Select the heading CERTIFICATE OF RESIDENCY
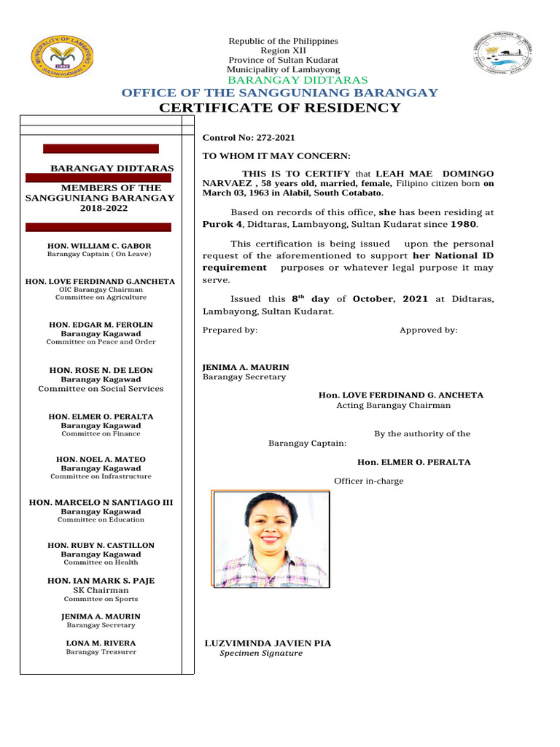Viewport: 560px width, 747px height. click(280, 109)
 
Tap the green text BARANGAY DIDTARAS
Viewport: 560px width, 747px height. click(297, 80)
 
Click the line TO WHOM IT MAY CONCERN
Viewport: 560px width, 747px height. click(276, 156)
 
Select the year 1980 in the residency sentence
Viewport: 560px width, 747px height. click(462, 225)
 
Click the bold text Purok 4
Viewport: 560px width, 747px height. click(222, 225)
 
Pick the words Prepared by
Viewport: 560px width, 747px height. click(230, 330)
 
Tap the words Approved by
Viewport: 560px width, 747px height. click(428, 330)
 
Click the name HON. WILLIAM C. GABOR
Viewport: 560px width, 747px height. click(101, 246)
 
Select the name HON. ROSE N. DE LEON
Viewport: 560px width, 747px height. click(101, 371)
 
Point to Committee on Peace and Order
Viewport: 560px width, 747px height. click(101, 341)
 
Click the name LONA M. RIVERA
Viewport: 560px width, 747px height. click(101, 643)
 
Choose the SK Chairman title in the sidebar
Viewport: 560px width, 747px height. click(101, 590)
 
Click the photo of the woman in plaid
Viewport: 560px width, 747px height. click(271, 540)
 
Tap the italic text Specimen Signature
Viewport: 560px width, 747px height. click(261, 654)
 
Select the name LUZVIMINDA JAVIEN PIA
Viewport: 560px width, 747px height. click(268, 643)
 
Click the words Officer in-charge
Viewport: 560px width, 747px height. click(368, 481)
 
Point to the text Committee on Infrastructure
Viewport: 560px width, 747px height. click(101, 476)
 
